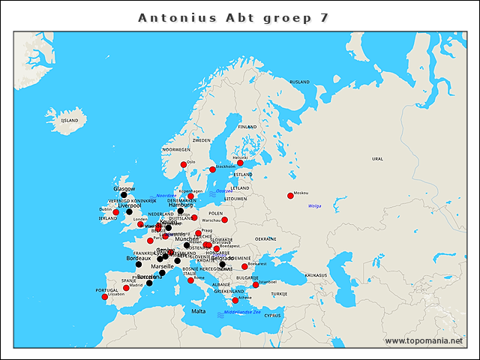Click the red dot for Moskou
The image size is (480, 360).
click(x=290, y=196)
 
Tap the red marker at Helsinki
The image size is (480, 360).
click(x=240, y=163)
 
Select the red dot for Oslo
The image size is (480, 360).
click(x=184, y=164)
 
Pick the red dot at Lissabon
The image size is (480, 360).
click(x=104, y=297)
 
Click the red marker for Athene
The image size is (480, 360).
click(x=235, y=300)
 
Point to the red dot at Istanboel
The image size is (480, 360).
click(x=256, y=285)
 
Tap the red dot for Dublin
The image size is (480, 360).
click(x=116, y=212)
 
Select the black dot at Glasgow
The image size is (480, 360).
click(x=124, y=195)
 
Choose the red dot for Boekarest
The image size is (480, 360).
click(x=244, y=266)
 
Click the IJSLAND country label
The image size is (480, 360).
click(x=70, y=120)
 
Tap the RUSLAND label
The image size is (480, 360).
click(x=300, y=81)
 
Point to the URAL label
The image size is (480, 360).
click(x=377, y=159)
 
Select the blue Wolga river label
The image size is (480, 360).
click(x=315, y=205)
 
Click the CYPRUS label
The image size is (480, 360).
click(x=272, y=315)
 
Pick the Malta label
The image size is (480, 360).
click(x=198, y=310)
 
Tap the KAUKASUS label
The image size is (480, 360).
click(x=315, y=275)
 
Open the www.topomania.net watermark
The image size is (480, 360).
click(x=424, y=341)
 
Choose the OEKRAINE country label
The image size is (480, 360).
click(x=265, y=238)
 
